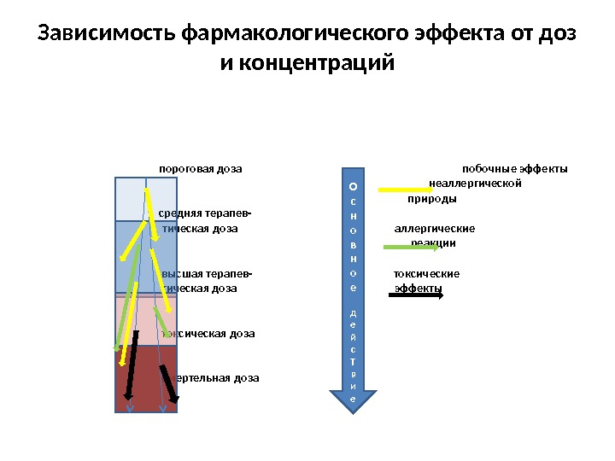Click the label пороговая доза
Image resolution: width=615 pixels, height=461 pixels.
pos(201,168)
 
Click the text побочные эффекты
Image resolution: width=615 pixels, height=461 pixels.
pos(514,168)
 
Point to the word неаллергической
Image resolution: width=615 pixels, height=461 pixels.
pos(475,184)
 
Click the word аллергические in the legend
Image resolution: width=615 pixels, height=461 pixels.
pos(434,229)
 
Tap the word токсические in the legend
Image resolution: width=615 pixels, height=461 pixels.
pos(426,274)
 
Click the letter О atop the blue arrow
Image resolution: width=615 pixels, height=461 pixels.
pos(354,184)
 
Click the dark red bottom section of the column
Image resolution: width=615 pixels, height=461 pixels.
pos(145,380)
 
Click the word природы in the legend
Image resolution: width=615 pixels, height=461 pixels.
pos(431,198)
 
